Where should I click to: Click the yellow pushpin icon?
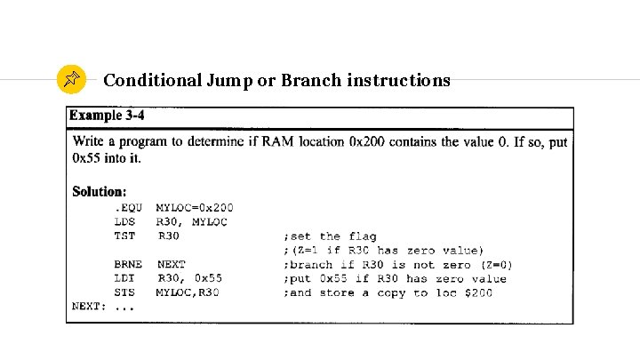[x=71, y=80]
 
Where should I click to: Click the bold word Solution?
[x=99, y=191]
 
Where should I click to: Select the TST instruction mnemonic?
[x=124, y=236]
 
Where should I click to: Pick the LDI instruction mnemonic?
[x=124, y=278]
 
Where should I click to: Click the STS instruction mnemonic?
[x=124, y=292]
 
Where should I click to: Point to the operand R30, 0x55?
[x=189, y=278]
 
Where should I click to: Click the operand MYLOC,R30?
[x=187, y=292]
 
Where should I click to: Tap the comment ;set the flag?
[x=329, y=236]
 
